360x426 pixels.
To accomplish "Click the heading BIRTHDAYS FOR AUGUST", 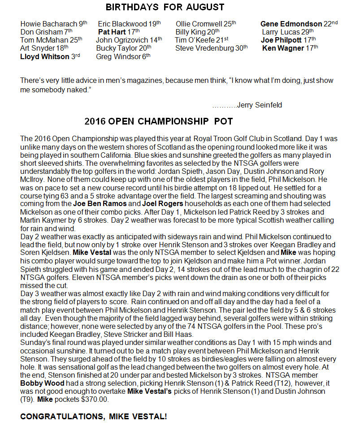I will [x=165, y=7].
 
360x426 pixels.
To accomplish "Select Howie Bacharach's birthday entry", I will [x=54, y=23].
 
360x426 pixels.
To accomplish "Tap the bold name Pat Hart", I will [x=113, y=32].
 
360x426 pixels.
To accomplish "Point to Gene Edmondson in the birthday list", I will [x=291, y=24].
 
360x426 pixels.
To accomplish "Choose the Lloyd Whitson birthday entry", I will [x=44, y=56].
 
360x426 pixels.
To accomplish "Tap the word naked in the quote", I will [x=79, y=90].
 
